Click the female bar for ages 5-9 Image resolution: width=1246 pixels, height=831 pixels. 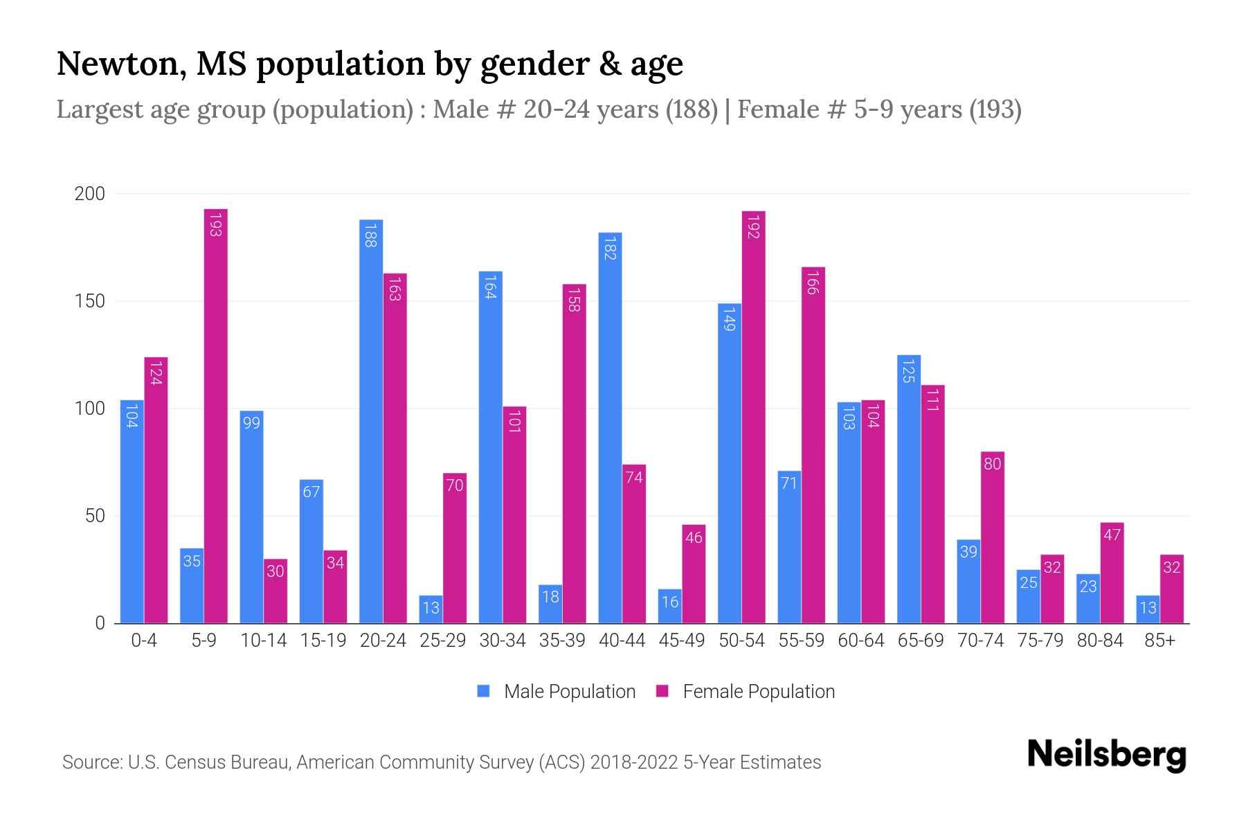215,415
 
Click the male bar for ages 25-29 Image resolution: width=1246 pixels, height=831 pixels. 431,609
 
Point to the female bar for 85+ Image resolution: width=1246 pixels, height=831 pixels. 1171,589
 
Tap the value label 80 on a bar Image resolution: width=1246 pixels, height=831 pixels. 992,464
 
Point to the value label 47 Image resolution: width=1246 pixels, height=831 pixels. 1112,535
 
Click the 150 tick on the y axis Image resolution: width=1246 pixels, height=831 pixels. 90,301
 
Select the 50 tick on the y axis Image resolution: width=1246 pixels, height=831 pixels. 94,516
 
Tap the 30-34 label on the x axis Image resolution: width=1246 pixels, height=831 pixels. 503,641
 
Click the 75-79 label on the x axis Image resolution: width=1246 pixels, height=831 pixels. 1040,641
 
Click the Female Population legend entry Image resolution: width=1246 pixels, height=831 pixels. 746,692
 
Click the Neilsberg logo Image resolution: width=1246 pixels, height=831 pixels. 1106,754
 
